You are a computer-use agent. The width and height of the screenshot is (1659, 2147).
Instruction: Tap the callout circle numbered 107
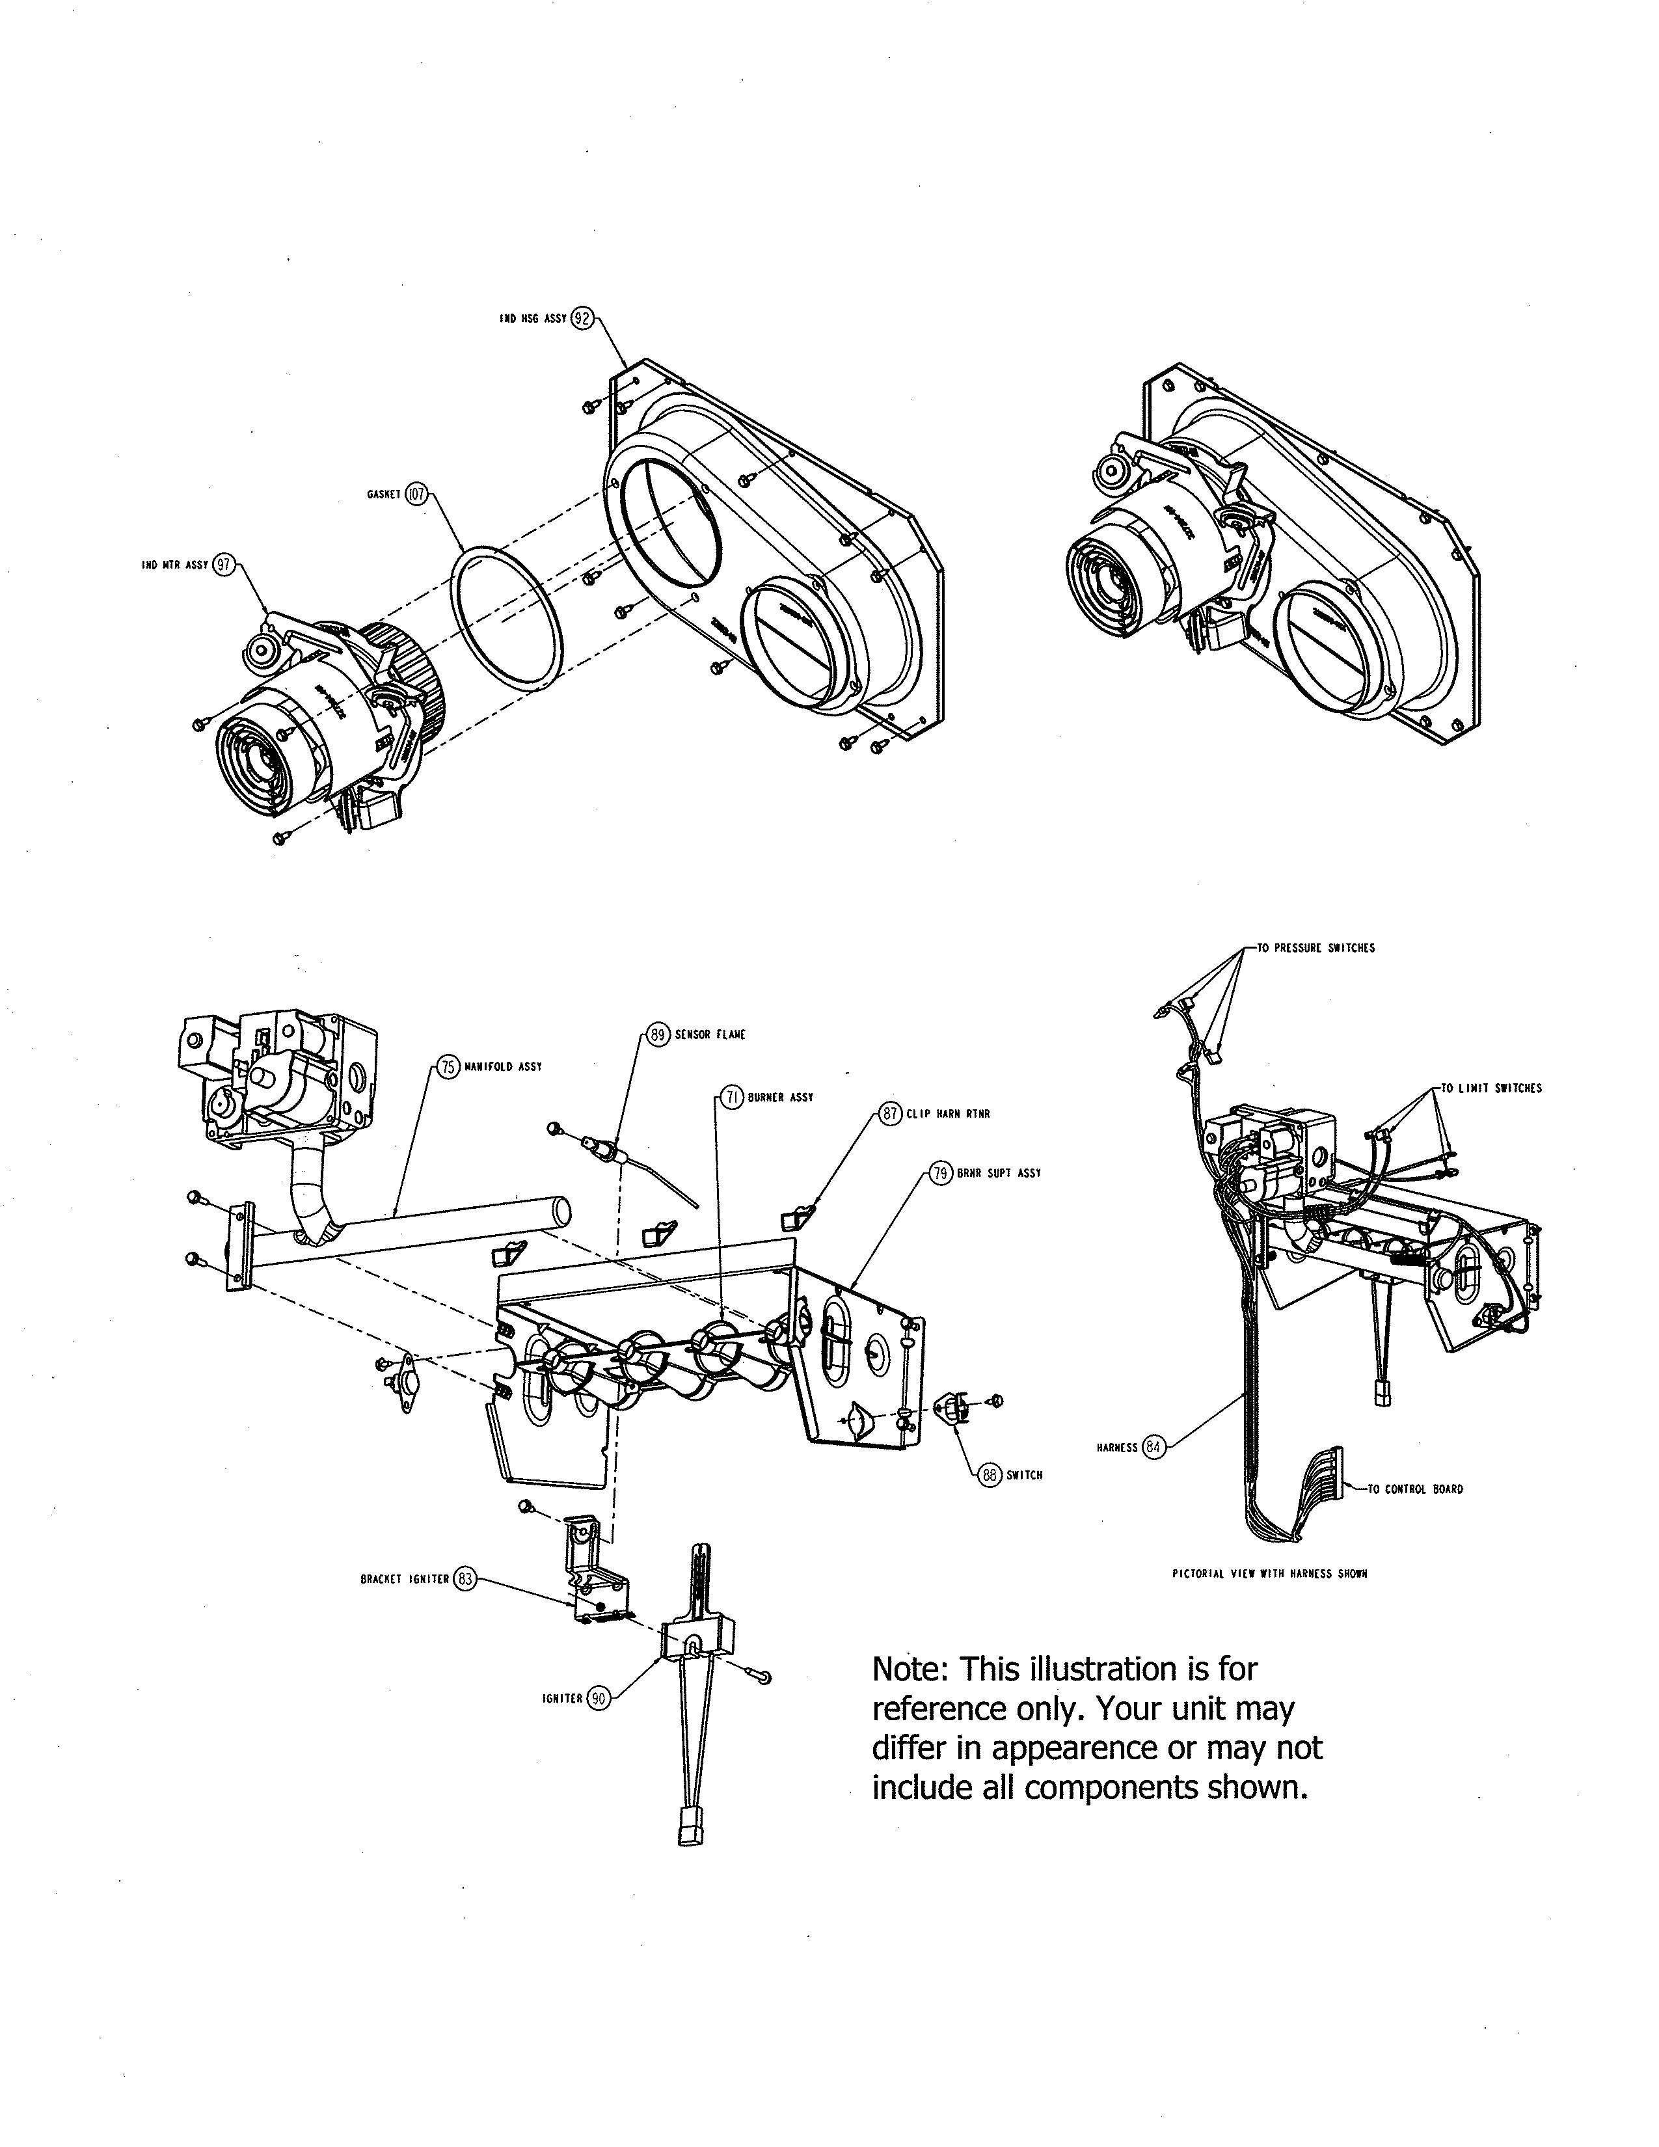(417, 494)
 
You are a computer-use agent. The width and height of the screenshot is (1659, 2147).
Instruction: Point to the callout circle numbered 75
(448, 1066)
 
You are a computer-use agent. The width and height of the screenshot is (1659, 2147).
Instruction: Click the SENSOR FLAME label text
(710, 1034)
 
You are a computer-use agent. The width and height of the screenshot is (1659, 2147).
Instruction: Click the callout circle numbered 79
(941, 1173)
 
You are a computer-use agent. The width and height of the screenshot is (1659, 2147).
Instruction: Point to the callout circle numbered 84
(1155, 1447)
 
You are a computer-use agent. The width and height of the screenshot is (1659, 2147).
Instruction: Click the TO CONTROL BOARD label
(1414, 1489)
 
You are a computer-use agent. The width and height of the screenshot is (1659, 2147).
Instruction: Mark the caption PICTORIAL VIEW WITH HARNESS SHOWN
(1270, 1574)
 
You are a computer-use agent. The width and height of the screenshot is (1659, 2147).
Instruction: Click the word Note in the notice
(910, 1669)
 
